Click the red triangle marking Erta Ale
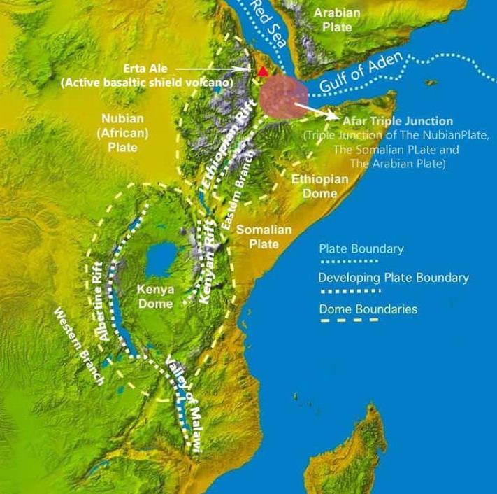coord(263,71)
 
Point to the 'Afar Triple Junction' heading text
coord(396,121)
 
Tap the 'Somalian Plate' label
coord(258,237)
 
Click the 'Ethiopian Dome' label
coord(319,186)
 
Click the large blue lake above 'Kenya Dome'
coord(164,260)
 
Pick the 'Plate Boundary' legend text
coord(361,249)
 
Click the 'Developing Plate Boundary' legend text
coord(394,278)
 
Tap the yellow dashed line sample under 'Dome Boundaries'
coord(349,321)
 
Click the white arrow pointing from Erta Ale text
coord(217,69)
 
